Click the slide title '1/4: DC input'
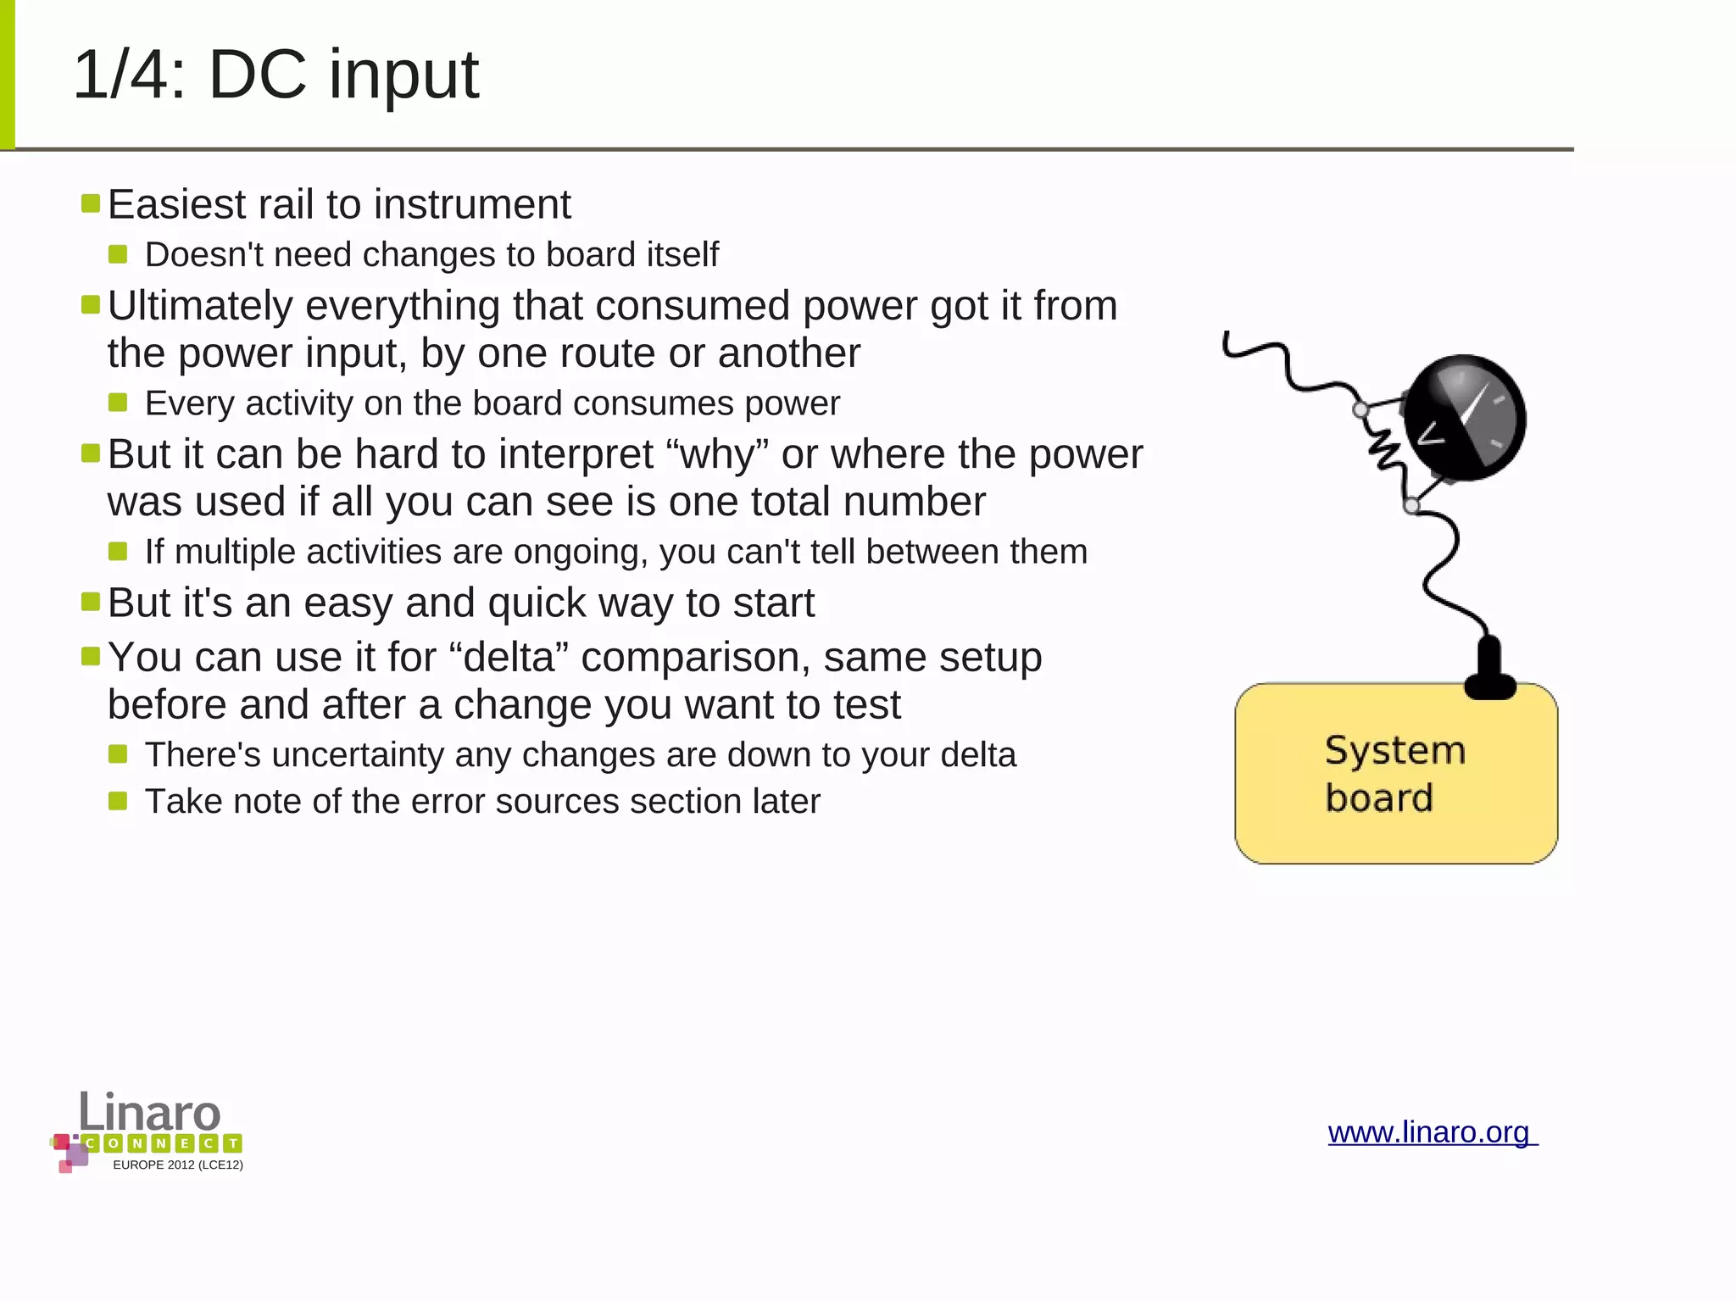[276, 75]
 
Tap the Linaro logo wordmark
[150, 1111]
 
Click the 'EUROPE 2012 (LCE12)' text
[178, 1165]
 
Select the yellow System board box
[1395, 774]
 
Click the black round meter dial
[1464, 418]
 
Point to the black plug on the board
[1489, 670]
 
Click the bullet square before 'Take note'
[118, 801]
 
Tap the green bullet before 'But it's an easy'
[91, 602]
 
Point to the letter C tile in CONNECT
[92, 1143]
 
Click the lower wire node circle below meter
[1411, 506]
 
